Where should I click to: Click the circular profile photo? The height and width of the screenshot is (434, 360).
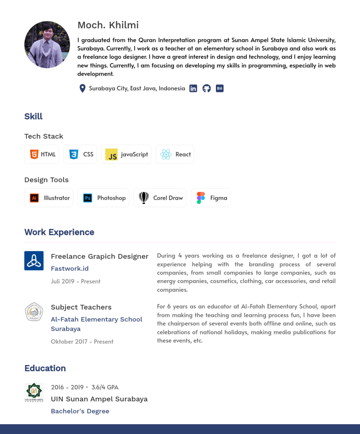coord(47,44)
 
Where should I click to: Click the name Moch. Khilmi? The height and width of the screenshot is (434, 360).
coord(108,25)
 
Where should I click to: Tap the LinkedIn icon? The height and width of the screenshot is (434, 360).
coord(193,89)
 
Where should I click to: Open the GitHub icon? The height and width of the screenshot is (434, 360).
coord(207,89)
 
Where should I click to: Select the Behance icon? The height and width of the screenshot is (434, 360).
coord(220,89)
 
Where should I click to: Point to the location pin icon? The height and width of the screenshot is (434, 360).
coord(82,89)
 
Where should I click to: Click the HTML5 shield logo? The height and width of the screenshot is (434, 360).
coord(34,155)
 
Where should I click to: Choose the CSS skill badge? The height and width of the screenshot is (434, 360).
coord(80,155)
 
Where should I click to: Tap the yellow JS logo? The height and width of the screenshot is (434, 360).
coord(111,155)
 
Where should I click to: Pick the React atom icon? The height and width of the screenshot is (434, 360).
coord(166,155)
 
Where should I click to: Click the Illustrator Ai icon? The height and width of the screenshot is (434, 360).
coord(34,198)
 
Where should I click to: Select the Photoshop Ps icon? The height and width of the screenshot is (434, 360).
coord(88,198)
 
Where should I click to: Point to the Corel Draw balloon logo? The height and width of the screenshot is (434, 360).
coord(144,198)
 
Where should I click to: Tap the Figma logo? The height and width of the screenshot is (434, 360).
coord(201,198)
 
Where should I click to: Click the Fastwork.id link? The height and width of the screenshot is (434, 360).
coord(70,269)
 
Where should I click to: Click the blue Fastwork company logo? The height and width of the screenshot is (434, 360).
coord(34,261)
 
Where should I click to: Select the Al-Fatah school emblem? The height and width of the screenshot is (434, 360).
coord(34,312)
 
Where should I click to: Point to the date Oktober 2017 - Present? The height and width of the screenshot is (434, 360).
coord(82,342)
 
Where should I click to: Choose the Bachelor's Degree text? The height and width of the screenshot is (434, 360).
coord(80,411)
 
